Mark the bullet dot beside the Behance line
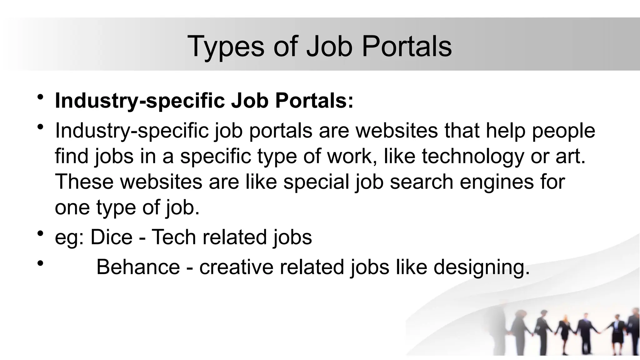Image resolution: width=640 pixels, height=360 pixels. tap(40, 263)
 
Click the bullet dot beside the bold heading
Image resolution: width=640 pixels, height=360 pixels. tap(40, 97)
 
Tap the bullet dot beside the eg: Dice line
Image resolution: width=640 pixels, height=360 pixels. tap(40, 233)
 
